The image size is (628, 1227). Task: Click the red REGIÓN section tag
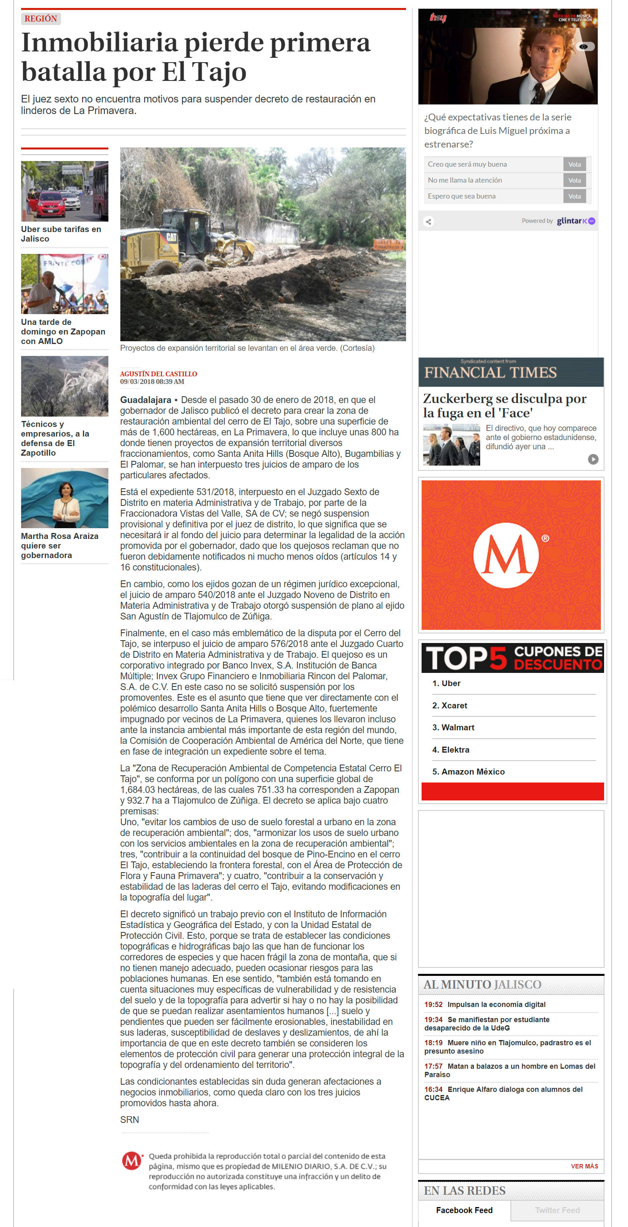(x=41, y=19)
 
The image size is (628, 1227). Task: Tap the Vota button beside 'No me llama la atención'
(x=574, y=180)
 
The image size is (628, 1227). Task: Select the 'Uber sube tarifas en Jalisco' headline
(x=61, y=234)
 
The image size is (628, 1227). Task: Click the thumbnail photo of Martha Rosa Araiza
(x=64, y=498)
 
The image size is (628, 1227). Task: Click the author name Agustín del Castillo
(x=158, y=374)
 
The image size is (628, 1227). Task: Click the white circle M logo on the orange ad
(x=506, y=555)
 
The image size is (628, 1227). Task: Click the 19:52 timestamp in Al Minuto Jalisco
(x=433, y=1005)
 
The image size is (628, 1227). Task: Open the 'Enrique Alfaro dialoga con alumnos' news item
(x=503, y=1093)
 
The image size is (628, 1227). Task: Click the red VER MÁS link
(x=584, y=1166)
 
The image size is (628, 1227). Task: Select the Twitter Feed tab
(x=557, y=1210)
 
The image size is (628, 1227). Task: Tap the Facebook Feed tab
(x=464, y=1210)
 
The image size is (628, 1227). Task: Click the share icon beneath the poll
(x=428, y=222)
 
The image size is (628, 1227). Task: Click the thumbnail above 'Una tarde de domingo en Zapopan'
(x=64, y=284)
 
